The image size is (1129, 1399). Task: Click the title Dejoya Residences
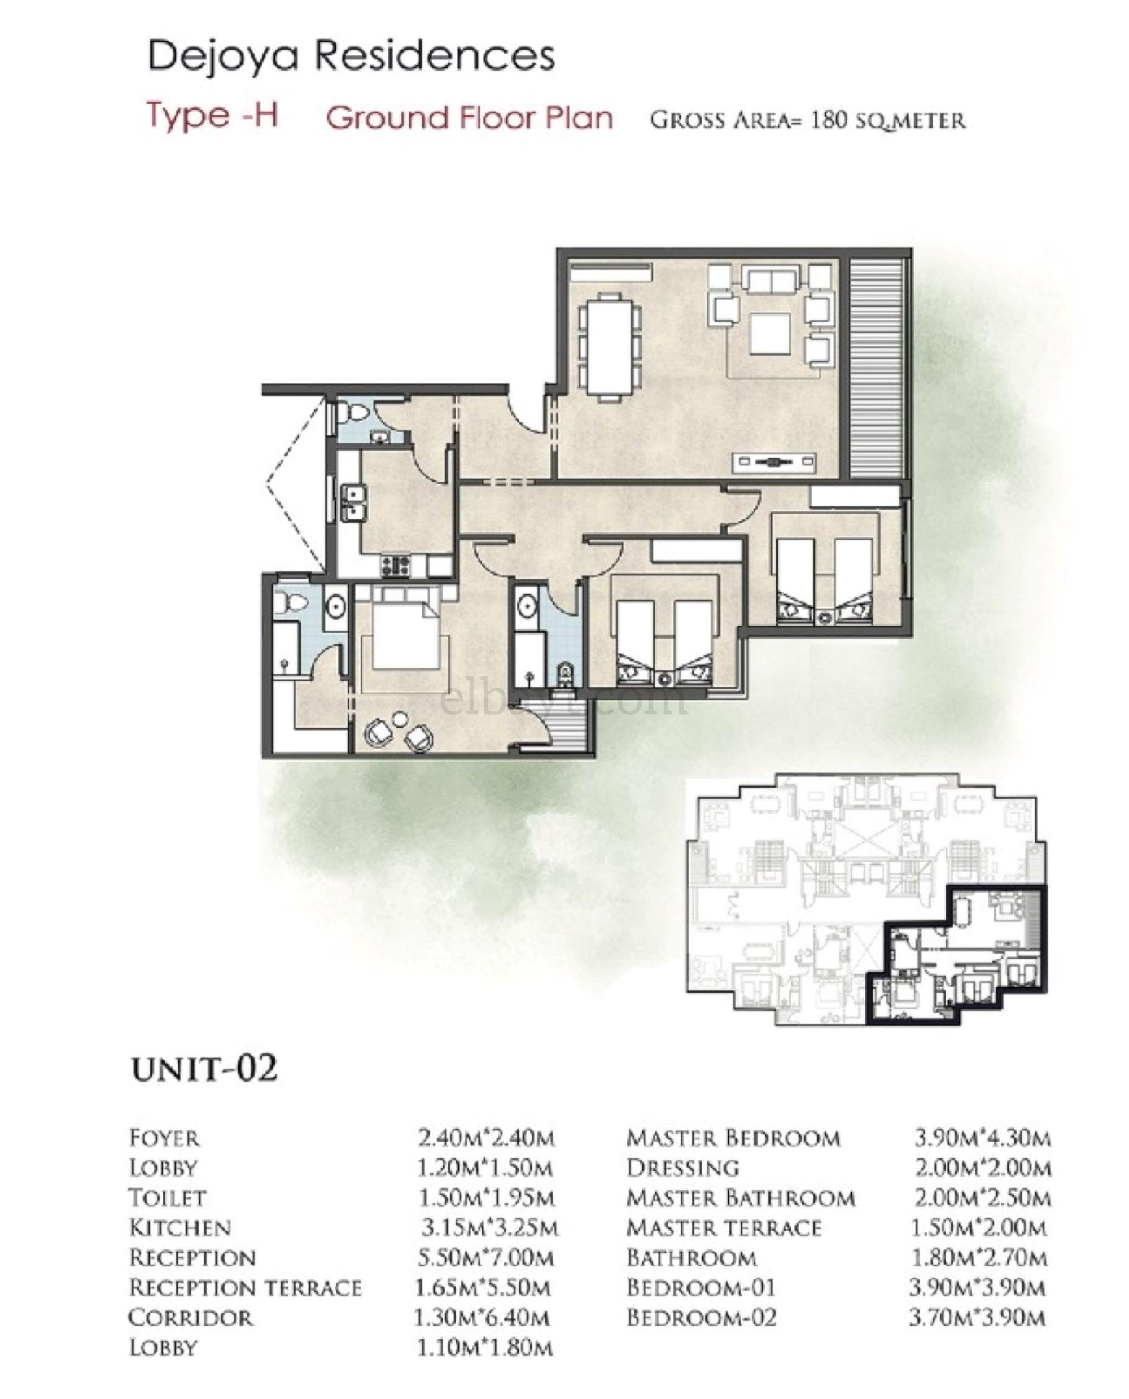coord(351,56)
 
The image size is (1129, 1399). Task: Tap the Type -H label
coord(213,116)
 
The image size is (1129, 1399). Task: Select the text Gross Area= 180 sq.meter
coord(807,120)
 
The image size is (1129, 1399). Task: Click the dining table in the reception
coord(609,346)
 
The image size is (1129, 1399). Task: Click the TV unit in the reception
coord(774,462)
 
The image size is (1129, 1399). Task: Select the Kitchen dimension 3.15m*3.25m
coord(489,1228)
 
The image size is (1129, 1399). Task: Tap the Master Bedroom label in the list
coord(733,1138)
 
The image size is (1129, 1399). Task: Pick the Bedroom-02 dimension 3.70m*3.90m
coord(978,1318)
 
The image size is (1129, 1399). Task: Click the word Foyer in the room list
coord(164,1138)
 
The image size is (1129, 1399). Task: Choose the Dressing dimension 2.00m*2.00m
coord(982,1168)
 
